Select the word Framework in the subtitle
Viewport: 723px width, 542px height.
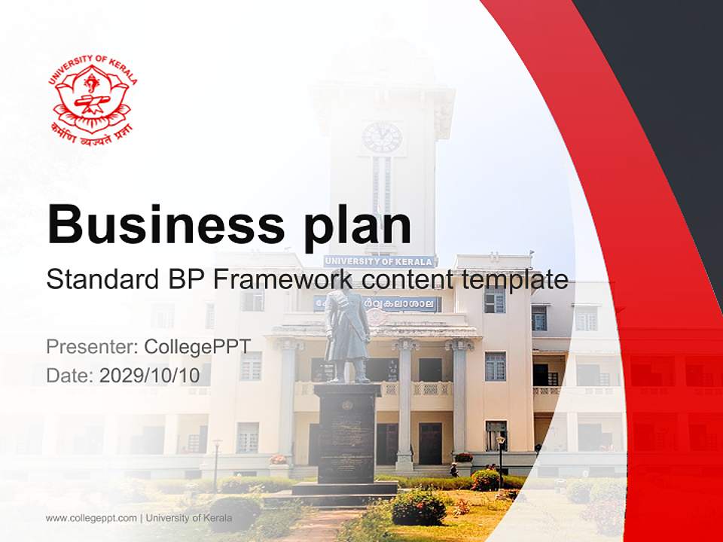(283, 280)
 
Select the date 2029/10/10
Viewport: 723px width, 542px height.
(150, 375)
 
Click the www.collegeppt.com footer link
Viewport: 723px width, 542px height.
(91, 518)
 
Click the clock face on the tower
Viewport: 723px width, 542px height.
(382, 137)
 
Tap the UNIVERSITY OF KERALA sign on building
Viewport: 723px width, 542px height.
(380, 261)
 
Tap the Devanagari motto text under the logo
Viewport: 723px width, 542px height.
(93, 132)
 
